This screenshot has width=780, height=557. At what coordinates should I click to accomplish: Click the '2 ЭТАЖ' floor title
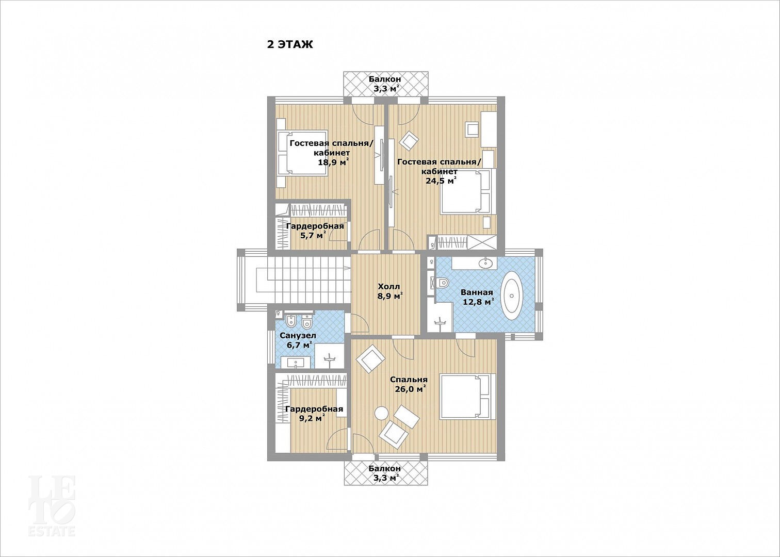point(290,44)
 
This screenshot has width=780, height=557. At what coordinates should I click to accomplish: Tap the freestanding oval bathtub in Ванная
point(512,296)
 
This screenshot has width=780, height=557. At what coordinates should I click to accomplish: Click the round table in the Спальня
point(381,414)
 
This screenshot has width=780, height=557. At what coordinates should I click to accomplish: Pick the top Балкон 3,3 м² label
point(385,84)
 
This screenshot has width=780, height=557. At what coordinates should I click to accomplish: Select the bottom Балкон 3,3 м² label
point(385,473)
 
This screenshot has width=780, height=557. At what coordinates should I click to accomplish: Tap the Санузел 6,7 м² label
point(298,340)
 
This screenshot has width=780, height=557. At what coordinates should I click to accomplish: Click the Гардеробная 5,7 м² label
point(315,231)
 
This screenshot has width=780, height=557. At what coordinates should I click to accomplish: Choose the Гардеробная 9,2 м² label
point(314,413)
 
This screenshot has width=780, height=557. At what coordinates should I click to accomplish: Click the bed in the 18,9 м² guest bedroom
point(303,153)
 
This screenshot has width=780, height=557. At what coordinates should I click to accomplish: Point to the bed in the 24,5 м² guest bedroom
point(468,191)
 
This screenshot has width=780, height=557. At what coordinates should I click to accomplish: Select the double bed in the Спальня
point(468,396)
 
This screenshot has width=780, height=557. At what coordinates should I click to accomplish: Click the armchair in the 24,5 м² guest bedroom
point(409,141)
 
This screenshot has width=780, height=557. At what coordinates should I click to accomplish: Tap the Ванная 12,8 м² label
point(477,297)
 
